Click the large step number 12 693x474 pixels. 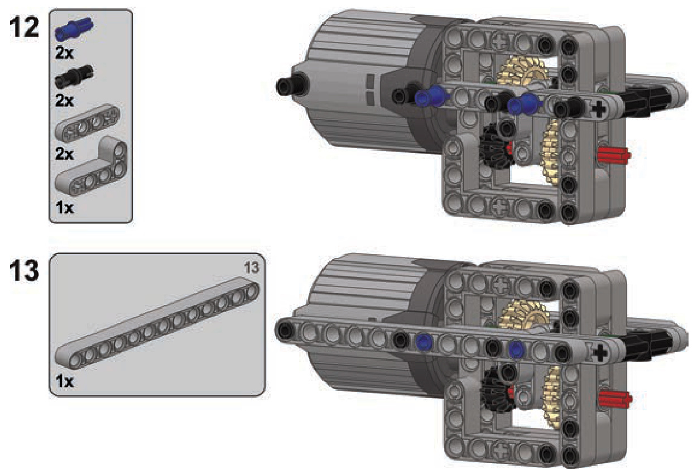click(25, 27)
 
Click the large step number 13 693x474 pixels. click(25, 271)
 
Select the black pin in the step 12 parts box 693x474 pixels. click(74, 76)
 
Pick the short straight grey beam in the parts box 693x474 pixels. click(88, 123)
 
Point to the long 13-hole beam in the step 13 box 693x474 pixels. click(157, 323)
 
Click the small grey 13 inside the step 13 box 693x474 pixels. click(251, 268)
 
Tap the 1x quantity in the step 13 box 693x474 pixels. click(64, 381)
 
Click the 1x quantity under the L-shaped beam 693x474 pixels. click(64, 208)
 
